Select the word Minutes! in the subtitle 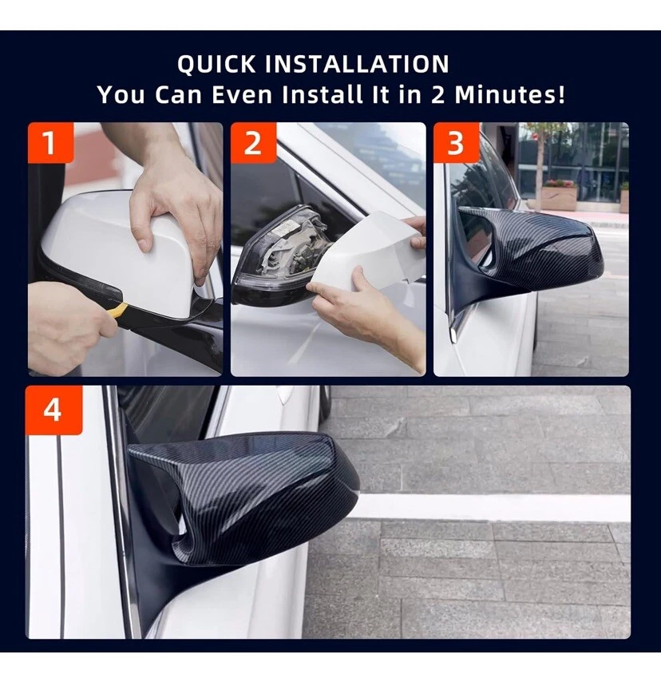509,94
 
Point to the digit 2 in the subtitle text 437,94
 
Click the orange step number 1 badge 50,143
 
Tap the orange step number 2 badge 253,143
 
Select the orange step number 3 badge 456,143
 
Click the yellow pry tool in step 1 114,311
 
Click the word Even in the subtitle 242,94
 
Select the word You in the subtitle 121,94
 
